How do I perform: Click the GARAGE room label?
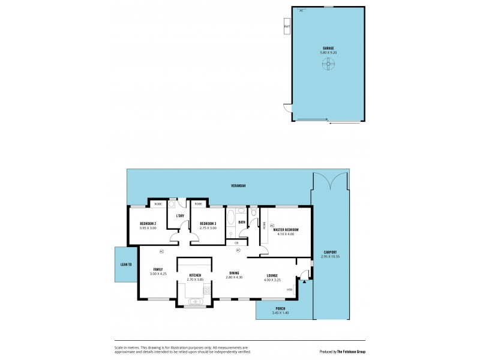[x=328, y=48]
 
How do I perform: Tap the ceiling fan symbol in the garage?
[x=328, y=67]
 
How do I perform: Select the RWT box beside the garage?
[x=287, y=26]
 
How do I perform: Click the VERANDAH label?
[x=239, y=186]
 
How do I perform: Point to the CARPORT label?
[x=329, y=252]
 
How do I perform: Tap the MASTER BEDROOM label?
[x=286, y=230]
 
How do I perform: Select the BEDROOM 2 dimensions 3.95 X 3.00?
[x=148, y=228]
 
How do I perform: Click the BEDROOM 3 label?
[x=208, y=224]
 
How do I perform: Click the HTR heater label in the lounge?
[x=289, y=290]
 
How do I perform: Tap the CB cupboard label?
[x=236, y=242]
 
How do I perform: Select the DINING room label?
[x=233, y=273]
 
